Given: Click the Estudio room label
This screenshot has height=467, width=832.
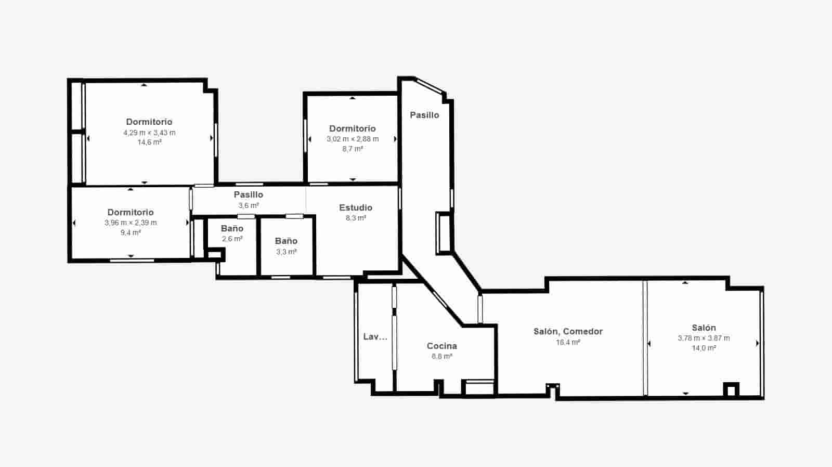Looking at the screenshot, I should [356, 207].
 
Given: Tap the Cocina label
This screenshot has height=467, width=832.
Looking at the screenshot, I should [441, 346].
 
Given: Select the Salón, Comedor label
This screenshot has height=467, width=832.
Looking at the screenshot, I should [568, 331].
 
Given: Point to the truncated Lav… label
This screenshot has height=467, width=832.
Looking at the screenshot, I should [375, 336].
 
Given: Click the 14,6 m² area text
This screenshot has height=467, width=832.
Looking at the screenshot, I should [149, 142].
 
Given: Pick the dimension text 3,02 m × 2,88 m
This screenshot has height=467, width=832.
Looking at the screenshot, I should [353, 139].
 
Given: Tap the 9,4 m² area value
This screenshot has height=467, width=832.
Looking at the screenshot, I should [131, 232].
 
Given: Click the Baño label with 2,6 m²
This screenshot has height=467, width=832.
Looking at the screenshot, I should [232, 228].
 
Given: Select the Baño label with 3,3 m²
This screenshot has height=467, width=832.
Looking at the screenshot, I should [286, 241].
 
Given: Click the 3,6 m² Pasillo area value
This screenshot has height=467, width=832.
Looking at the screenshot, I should [249, 205].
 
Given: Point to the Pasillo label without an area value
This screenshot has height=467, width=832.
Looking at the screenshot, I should [424, 115].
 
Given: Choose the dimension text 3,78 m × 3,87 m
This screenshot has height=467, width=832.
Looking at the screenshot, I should [704, 338].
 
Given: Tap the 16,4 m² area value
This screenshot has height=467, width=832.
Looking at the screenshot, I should [568, 342].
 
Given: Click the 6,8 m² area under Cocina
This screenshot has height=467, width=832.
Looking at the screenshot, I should [441, 356].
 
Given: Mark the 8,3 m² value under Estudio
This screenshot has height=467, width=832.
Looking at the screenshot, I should [356, 218].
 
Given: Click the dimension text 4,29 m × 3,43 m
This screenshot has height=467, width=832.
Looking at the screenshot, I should [149, 133].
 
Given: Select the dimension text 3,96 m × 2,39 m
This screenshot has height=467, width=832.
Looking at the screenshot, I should [131, 223].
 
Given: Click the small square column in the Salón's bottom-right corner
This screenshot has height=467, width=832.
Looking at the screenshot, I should [732, 390].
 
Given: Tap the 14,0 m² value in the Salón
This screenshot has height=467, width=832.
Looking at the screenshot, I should [704, 348].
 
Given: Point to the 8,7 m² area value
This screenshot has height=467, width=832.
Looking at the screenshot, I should [353, 149].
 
